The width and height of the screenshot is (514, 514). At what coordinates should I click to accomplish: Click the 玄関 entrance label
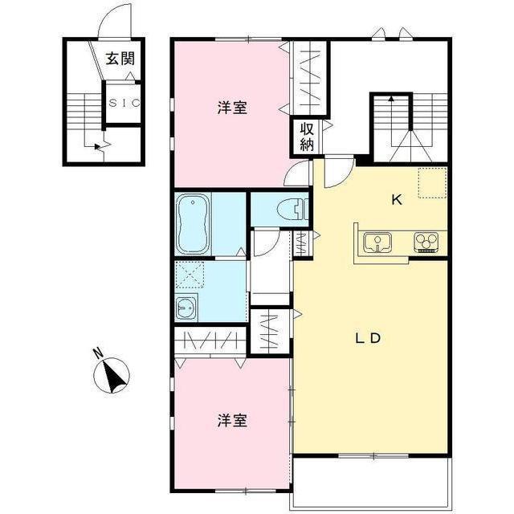pos(120,59)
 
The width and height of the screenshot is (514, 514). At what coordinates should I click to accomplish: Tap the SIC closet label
pos(124,104)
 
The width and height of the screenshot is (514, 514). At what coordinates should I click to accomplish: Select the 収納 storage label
pos(307,137)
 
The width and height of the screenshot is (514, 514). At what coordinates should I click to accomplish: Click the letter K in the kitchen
pos(397,200)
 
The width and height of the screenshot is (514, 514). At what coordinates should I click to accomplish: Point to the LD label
pos(368,338)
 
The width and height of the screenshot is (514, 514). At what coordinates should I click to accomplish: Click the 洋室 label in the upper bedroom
pos(232,108)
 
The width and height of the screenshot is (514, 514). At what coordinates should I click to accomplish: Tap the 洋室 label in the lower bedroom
pos(232,421)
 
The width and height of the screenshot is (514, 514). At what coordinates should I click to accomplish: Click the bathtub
pos(193,223)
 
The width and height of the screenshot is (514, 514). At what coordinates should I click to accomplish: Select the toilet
pos(292,210)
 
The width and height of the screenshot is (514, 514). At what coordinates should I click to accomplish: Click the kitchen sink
pos(377,243)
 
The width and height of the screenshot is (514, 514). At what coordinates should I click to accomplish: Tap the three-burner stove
pos(426,243)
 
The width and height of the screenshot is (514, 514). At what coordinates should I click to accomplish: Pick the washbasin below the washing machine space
pos(186,307)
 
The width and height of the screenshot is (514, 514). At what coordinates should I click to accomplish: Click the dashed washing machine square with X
pos(190,275)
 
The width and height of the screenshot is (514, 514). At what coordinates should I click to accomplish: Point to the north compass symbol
pos(112,375)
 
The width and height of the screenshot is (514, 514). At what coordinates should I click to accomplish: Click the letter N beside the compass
pos(98,353)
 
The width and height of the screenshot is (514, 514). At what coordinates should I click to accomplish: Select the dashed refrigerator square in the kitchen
pos(432,182)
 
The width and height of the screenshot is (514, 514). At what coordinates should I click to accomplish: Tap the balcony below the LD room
pos(371,483)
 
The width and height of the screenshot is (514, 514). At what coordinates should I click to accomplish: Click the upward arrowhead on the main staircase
pos(391,98)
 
